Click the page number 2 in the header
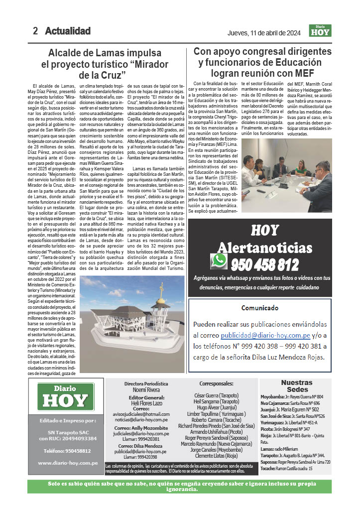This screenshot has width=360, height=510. tap(35, 31)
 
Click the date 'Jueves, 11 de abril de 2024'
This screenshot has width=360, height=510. tap(263, 33)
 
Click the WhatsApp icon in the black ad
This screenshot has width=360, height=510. tap(219, 261)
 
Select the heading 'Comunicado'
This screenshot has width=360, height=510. tap(259, 308)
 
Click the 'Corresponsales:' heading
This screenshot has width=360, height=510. tap(216, 384)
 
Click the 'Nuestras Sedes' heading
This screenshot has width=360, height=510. tap(297, 386)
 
